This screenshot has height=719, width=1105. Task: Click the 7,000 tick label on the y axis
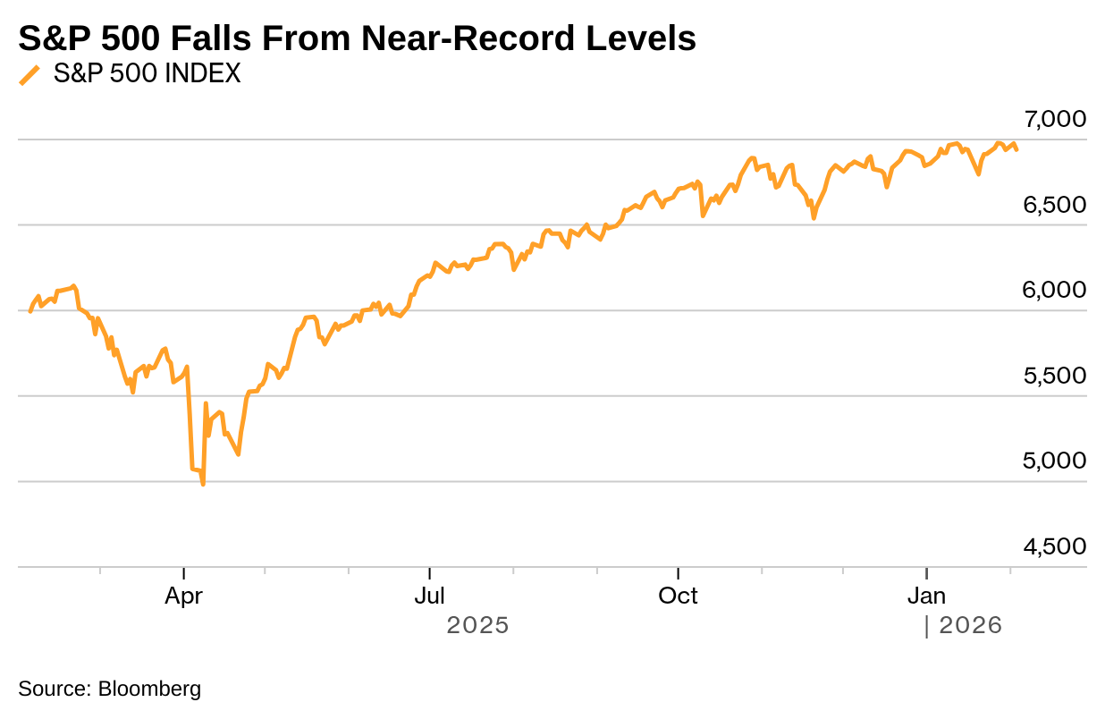[x=1055, y=119]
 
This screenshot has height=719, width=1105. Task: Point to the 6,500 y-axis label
[x=1055, y=205]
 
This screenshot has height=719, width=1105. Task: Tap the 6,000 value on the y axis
[x=1055, y=290]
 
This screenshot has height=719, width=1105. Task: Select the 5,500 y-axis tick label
[x=1055, y=376]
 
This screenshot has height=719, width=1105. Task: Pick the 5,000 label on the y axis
[x=1055, y=461]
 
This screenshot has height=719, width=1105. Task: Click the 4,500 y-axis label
[x=1055, y=546]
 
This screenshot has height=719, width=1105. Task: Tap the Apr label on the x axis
[x=183, y=596]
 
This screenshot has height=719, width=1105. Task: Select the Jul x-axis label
[x=430, y=596]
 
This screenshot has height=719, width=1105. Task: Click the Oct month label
[x=679, y=596]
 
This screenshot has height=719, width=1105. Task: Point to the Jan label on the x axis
[x=927, y=596]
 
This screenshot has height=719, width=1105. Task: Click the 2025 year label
[x=477, y=625]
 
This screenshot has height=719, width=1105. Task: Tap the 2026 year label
[x=970, y=625]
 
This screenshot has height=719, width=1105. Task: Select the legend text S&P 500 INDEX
[x=148, y=74]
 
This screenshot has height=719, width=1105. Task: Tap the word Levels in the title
[x=641, y=38]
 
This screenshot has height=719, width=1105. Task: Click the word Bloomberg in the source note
[x=149, y=689]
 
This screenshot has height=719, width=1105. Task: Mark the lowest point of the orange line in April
[x=203, y=484]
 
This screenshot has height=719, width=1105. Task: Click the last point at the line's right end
[x=1016, y=149]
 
